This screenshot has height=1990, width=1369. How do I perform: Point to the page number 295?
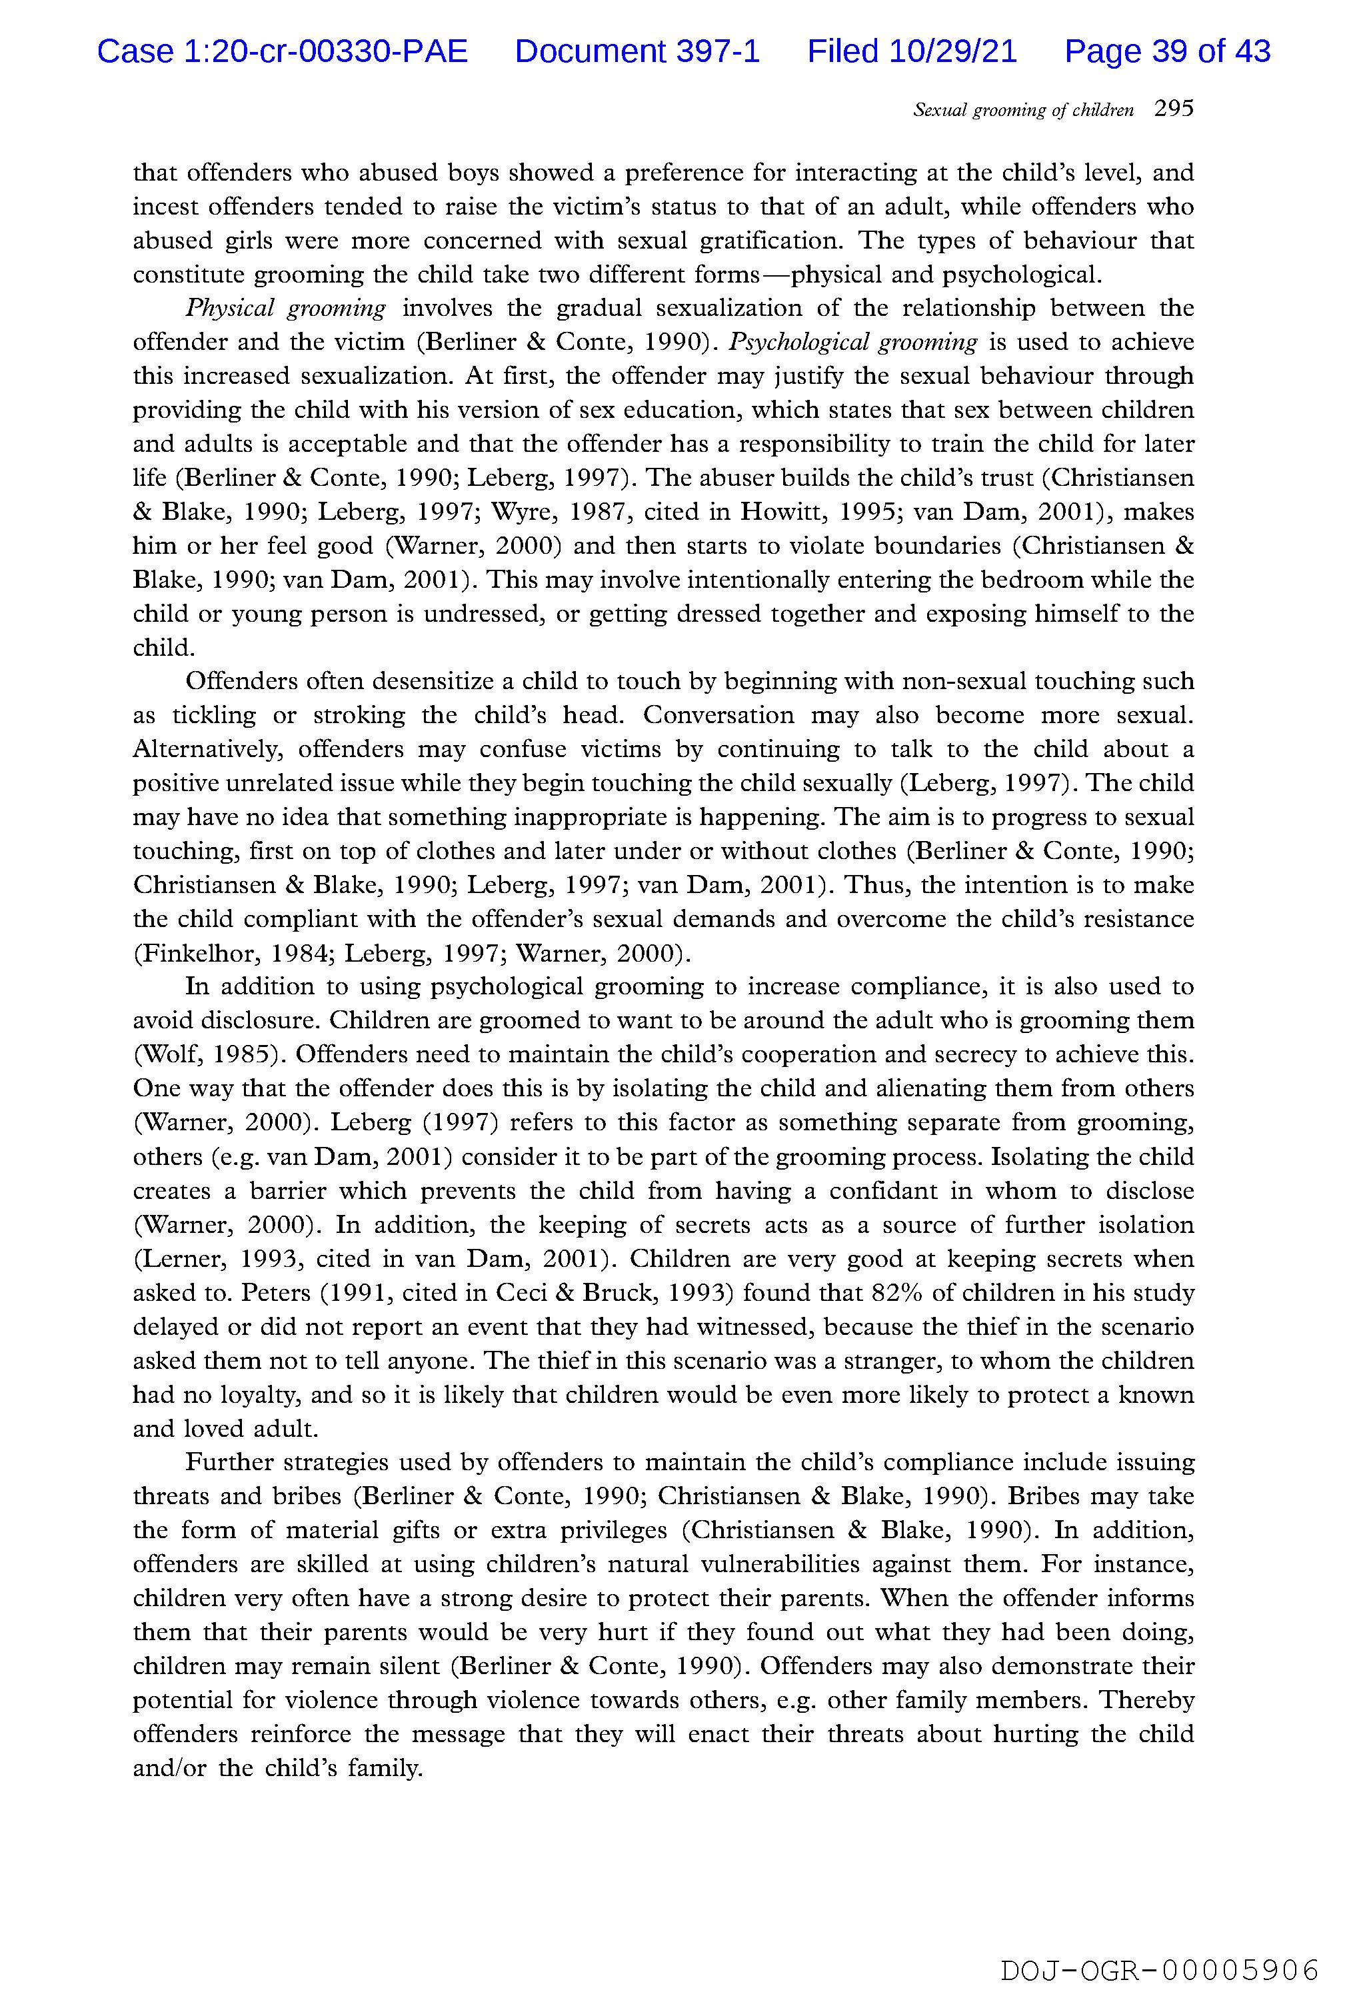tap(1174, 109)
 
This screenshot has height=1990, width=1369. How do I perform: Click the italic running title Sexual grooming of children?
tap(1023, 110)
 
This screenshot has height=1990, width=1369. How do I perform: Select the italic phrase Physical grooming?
tap(286, 308)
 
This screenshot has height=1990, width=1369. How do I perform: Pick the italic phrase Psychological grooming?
tap(852, 343)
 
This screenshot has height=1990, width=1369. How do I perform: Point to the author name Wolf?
tap(167, 1054)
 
